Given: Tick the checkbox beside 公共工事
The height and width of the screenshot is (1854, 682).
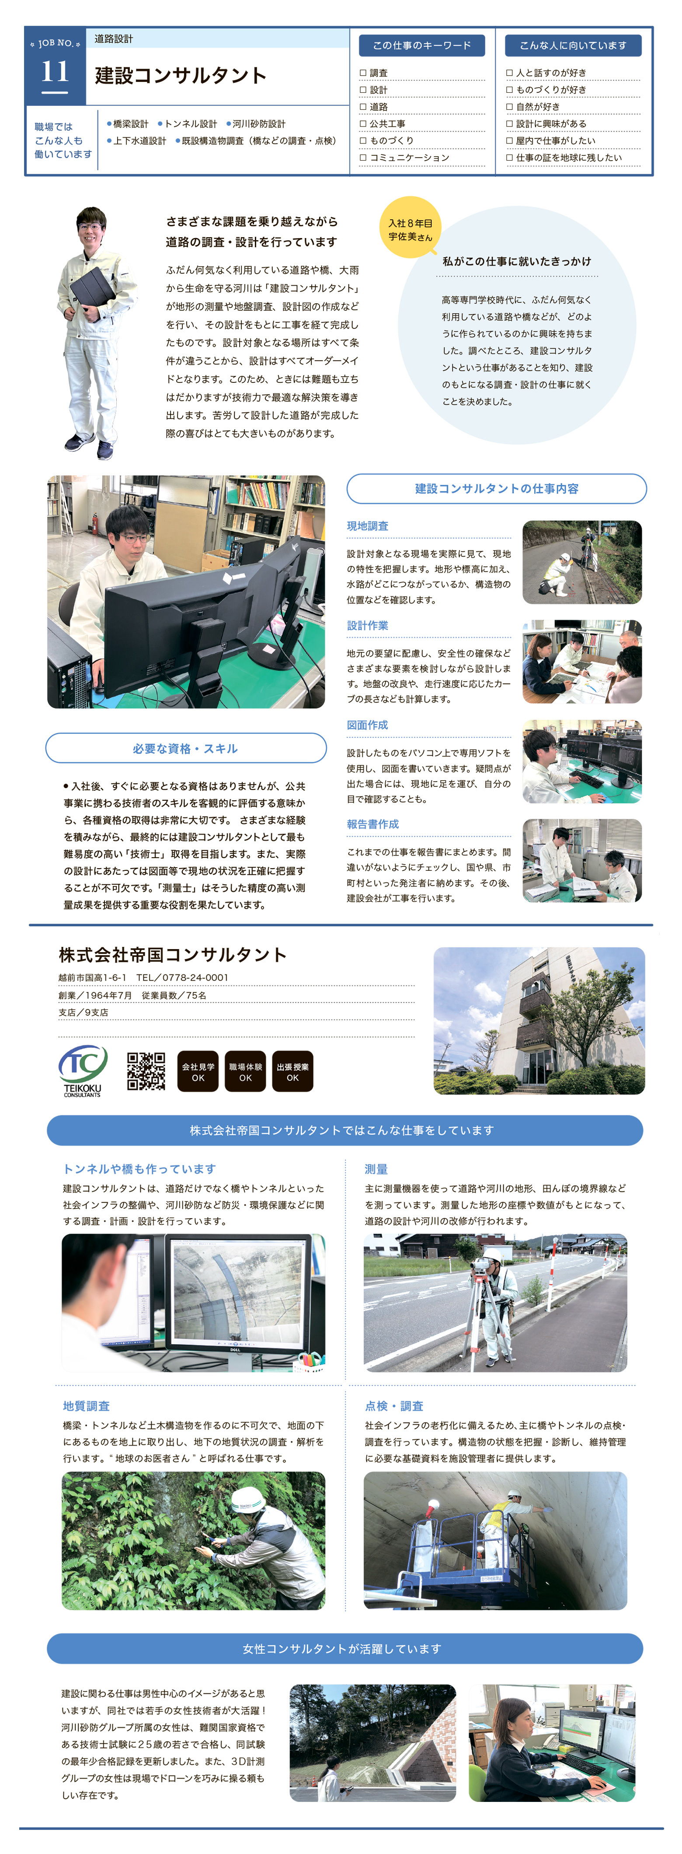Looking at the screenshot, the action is pyautogui.click(x=363, y=124).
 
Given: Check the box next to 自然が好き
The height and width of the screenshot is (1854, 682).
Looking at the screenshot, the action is pyautogui.click(x=509, y=106).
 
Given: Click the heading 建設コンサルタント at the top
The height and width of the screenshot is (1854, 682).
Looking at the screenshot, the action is pyautogui.click(x=181, y=76).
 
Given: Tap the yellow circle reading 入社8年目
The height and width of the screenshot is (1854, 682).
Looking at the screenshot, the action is pyautogui.click(x=410, y=228).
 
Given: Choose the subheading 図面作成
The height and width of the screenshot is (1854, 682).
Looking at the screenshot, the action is pyautogui.click(x=368, y=725).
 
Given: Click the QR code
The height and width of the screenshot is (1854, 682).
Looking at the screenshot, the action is pyautogui.click(x=146, y=1071).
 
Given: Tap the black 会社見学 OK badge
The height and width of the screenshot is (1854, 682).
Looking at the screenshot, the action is pyautogui.click(x=198, y=1072).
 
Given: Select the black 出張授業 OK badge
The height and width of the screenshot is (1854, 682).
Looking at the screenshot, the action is pyautogui.click(x=293, y=1072).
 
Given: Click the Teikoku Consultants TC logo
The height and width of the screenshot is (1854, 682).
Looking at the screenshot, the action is pyautogui.click(x=83, y=1070).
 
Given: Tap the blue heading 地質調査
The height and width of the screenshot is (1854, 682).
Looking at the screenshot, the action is pyautogui.click(x=86, y=1405).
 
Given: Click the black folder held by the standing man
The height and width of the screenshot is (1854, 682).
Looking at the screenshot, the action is pyautogui.click(x=93, y=287).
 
